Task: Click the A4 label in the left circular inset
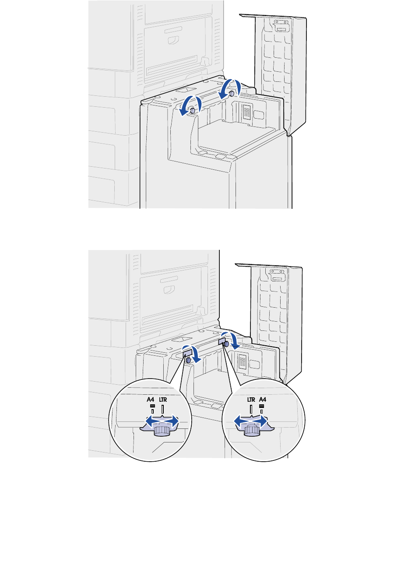(151, 400)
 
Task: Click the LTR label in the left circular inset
(163, 400)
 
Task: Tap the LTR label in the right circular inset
(251, 400)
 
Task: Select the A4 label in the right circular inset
(263, 400)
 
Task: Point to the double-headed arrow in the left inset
(162, 421)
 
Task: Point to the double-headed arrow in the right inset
(251, 421)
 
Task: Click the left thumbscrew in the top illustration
(192, 111)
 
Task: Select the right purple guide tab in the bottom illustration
(222, 341)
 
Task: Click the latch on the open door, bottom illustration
(275, 275)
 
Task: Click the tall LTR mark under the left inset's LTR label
(163, 409)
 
